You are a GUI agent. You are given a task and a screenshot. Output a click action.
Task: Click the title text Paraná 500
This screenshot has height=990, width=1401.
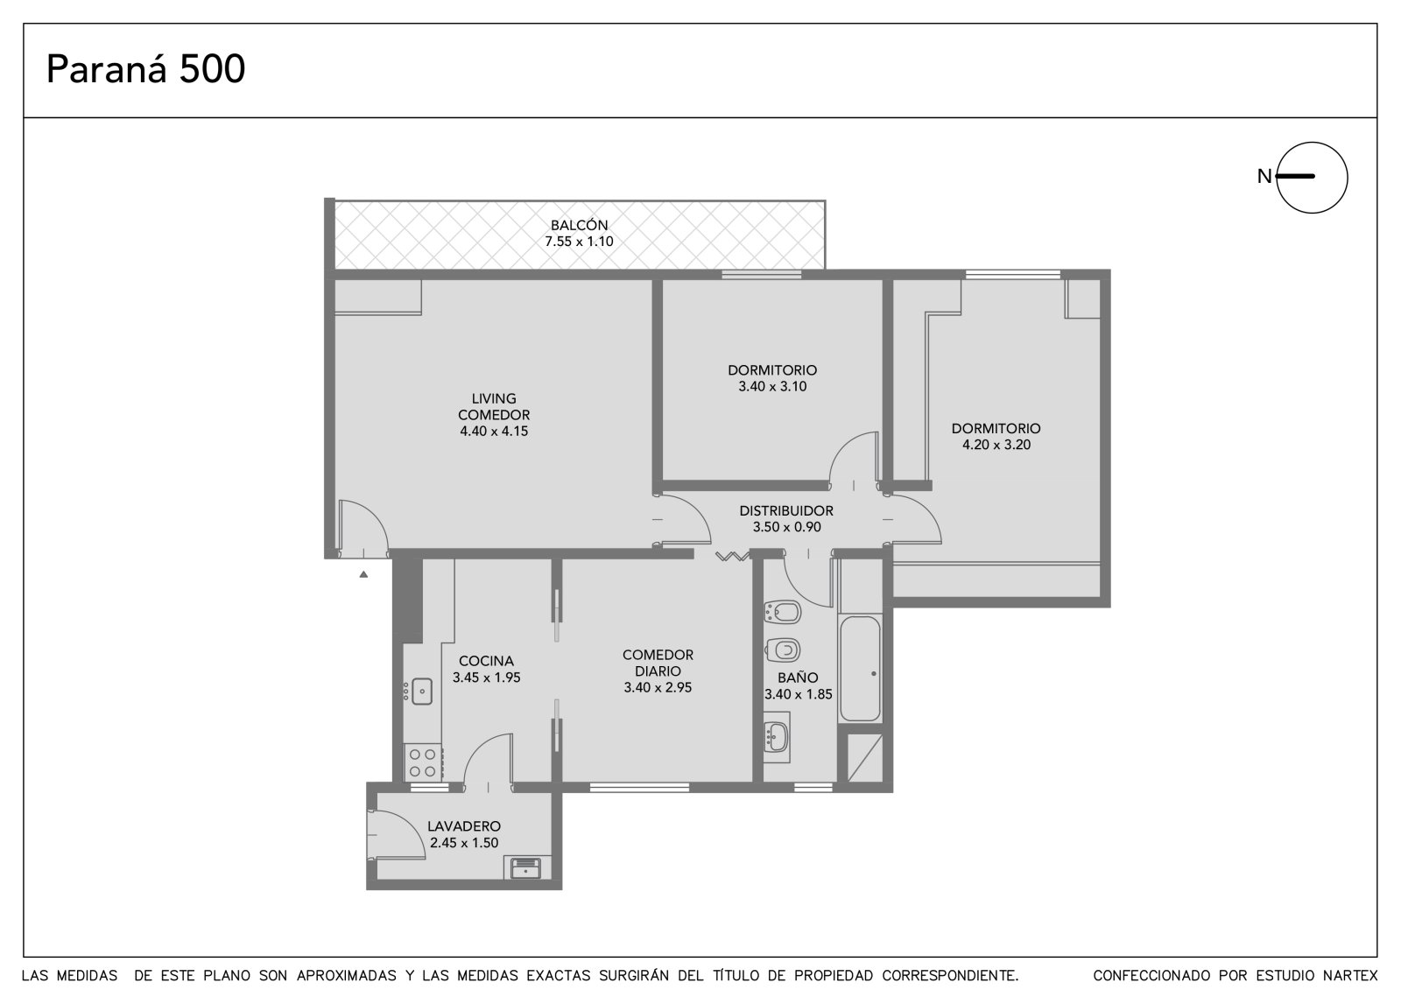tap(145, 69)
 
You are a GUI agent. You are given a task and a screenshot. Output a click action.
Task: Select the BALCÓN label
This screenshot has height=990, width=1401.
tap(579, 225)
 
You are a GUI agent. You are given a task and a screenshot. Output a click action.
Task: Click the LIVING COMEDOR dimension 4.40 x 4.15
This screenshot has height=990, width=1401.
tap(494, 431)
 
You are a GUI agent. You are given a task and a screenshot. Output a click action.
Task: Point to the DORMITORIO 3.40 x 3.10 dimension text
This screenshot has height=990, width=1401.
tap(772, 387)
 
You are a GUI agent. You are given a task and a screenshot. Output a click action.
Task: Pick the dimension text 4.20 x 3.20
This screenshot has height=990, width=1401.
tap(996, 445)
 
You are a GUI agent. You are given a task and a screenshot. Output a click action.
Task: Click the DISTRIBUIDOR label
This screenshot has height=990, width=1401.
tap(786, 511)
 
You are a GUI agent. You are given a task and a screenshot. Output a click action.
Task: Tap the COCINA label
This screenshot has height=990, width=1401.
tap(486, 661)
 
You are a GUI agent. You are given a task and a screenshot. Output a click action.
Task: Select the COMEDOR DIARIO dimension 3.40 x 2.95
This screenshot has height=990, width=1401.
tap(658, 688)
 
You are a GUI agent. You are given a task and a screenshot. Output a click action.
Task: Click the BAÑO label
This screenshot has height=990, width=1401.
tap(798, 678)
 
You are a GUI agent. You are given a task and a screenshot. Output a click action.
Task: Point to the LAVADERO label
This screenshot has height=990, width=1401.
tap(464, 826)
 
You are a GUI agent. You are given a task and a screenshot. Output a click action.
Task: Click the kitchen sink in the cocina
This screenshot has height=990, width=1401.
tap(421, 692)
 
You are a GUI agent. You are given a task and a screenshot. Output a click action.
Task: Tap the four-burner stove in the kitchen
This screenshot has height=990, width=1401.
tap(424, 762)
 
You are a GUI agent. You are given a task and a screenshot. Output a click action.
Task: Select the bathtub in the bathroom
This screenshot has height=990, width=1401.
tap(861, 669)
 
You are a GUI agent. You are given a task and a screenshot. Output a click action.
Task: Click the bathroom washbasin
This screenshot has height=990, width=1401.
tap(776, 737)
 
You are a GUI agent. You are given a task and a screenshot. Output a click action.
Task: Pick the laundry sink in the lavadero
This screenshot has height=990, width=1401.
tap(526, 868)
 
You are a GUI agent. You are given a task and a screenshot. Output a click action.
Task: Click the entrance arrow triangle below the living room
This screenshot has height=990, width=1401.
tap(363, 574)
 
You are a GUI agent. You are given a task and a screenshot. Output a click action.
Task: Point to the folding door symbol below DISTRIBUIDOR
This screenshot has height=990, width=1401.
tap(732, 556)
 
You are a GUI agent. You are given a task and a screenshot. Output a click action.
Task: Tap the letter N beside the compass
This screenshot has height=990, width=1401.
tap(1264, 177)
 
